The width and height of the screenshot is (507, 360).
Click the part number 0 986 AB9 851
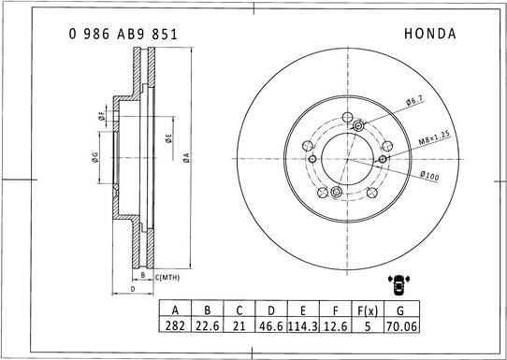click(123, 33)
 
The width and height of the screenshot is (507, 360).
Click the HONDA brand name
click(429, 33)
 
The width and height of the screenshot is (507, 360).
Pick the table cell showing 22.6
click(207, 328)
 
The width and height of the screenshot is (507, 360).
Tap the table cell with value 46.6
click(272, 328)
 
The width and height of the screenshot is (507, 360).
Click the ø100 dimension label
click(429, 175)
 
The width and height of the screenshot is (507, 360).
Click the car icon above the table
click(398, 284)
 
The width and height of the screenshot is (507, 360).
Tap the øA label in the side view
click(187, 157)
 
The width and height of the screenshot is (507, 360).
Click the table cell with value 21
click(239, 328)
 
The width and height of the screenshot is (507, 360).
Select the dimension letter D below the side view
click(134, 290)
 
